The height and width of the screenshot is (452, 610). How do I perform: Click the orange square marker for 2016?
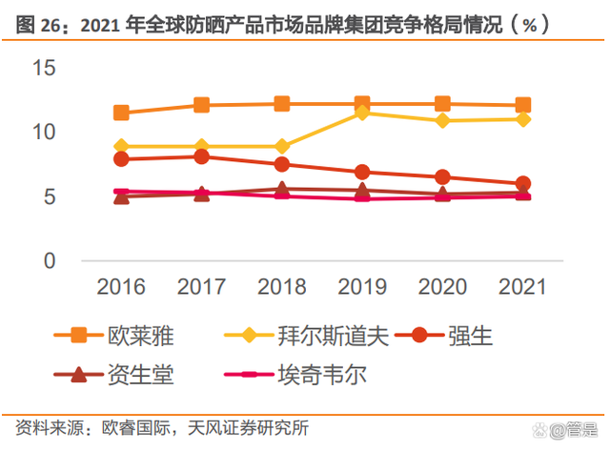pyautogui.click(x=121, y=113)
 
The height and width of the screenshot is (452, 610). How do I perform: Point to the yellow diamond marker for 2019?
pyautogui.click(x=362, y=113)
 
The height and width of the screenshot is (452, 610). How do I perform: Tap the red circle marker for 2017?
pyautogui.click(x=202, y=156)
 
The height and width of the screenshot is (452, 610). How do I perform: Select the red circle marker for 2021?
pyautogui.click(x=523, y=183)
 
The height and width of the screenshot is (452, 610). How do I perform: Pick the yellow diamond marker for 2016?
pyautogui.click(x=121, y=147)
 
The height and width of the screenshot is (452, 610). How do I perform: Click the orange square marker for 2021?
pyautogui.click(x=523, y=105)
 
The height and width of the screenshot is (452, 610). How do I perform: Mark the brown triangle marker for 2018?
pyautogui.click(x=282, y=189)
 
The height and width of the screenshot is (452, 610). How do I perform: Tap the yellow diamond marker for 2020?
pyautogui.click(x=442, y=121)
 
